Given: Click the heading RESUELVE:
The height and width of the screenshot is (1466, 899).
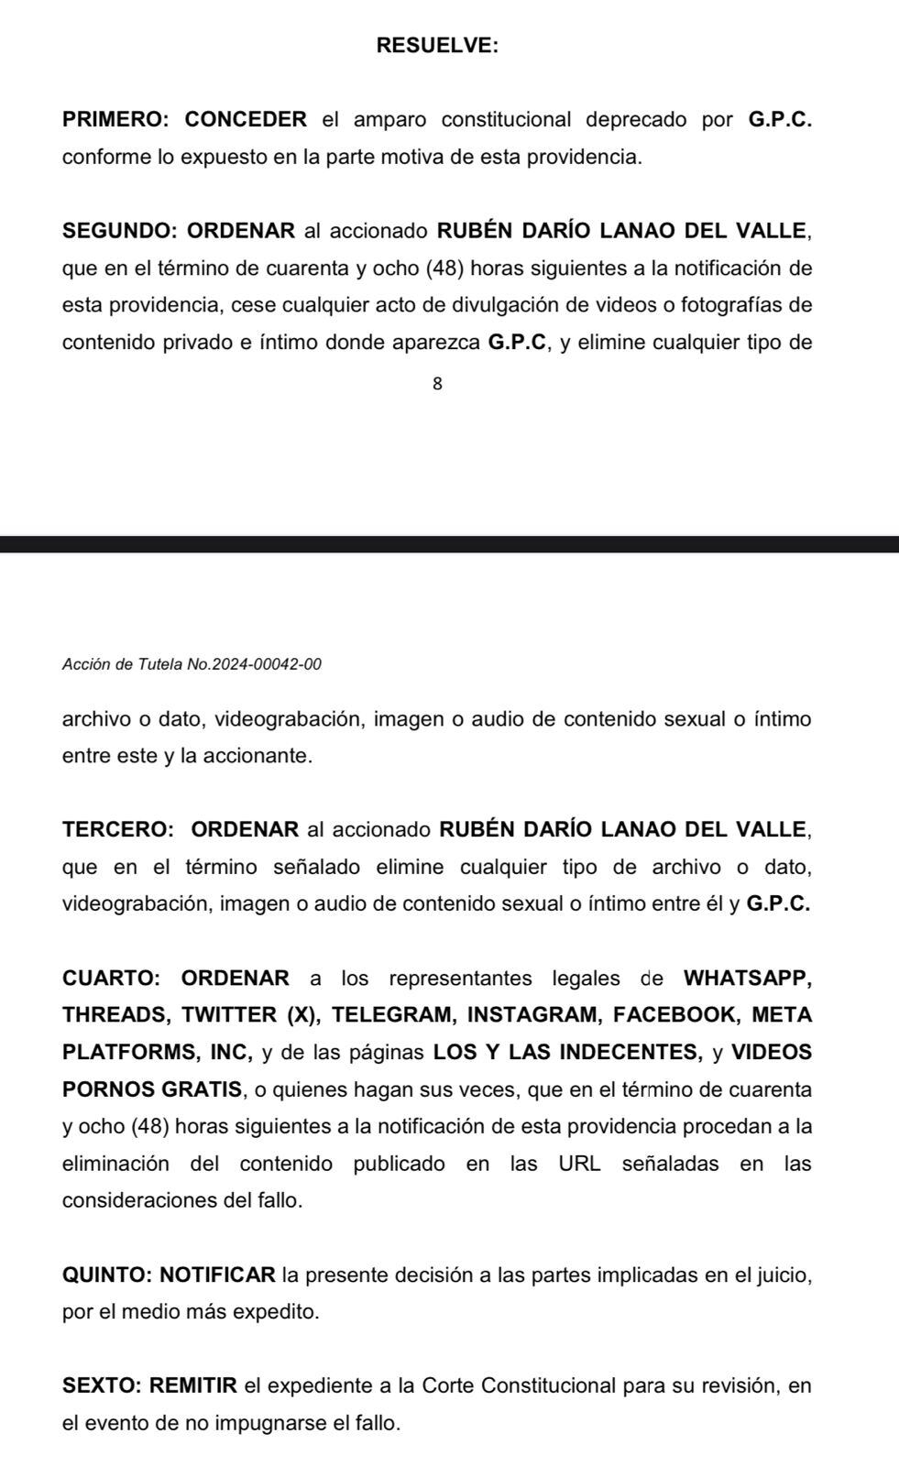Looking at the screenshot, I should pyautogui.click(x=437, y=46).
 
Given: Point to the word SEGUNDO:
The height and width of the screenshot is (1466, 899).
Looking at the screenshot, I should pyautogui.click(x=120, y=231).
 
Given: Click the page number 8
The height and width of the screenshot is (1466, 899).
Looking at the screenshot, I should pyautogui.click(x=437, y=385).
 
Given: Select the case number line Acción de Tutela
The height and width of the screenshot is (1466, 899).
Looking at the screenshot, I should pyautogui.click(x=192, y=664).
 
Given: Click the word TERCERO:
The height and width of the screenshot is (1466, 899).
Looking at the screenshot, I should pyautogui.click(x=118, y=830).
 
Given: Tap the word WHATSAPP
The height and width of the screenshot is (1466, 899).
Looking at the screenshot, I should pyautogui.click(x=747, y=979).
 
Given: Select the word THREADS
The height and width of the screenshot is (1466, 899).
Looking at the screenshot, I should pyautogui.click(x=116, y=1015).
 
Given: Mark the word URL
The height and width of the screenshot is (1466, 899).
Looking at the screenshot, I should pyautogui.click(x=579, y=1165).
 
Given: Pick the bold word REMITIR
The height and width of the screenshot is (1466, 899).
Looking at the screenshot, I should pyautogui.click(x=193, y=1386).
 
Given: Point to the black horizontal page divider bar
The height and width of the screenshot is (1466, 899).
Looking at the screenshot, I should pyautogui.click(x=449, y=544).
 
